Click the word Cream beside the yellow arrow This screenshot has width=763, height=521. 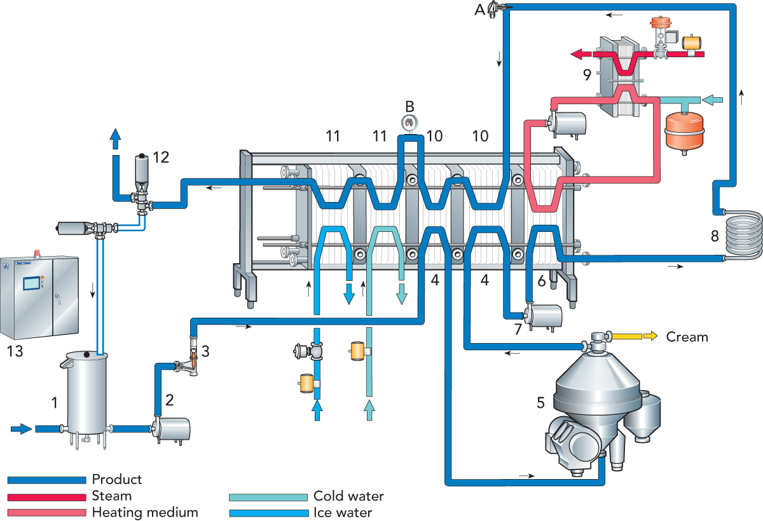point(687,337)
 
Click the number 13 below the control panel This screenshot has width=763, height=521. point(14,351)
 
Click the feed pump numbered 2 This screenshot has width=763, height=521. point(172,430)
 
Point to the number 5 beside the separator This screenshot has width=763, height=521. point(541,402)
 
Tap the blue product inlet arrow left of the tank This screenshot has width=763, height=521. point(21,429)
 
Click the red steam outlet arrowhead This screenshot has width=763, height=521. point(577,55)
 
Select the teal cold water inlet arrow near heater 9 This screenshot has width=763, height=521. point(715,100)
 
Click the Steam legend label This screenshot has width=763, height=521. point(112,496)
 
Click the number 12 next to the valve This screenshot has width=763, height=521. point(161,157)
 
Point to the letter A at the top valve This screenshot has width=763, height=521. point(478,8)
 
